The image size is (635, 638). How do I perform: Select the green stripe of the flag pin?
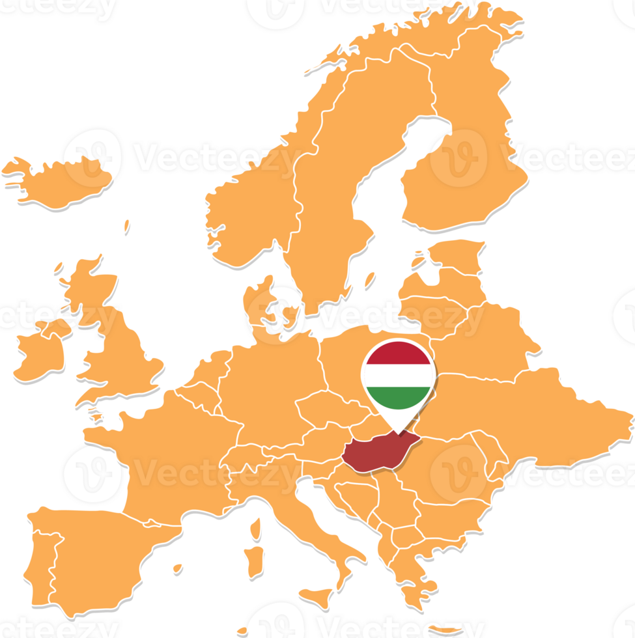point(398,398)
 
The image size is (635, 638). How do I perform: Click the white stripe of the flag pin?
point(398,376)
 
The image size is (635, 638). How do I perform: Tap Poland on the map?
point(352,371)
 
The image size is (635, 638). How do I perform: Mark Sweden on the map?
point(326,195)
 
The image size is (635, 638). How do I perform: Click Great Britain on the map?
point(124,352)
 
